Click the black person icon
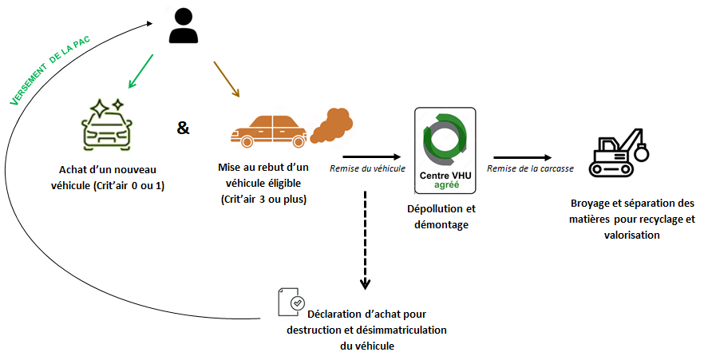184,26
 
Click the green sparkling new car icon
106,125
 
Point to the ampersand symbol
184,127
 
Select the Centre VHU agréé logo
445,151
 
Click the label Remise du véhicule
368,168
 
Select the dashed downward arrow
366,239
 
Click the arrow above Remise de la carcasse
523,157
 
